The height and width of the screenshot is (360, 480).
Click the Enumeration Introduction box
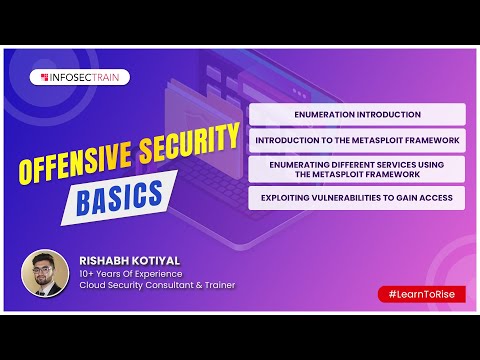coord(357,115)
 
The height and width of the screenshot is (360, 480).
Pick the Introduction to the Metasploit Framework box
coord(357,141)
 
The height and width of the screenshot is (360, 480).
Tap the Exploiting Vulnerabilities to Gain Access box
coord(357,198)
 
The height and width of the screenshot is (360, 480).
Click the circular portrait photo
coord(44,273)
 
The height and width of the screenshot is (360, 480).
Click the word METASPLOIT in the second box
coord(371,141)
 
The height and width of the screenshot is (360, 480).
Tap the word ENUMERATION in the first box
coord(322,115)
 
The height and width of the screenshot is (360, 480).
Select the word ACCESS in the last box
coord(436,198)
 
